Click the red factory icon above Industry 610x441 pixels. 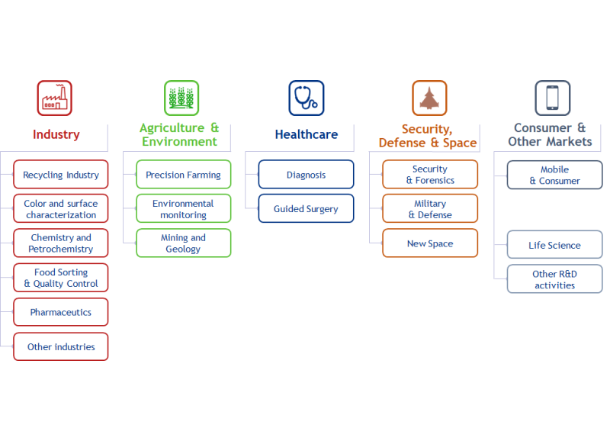[x=55, y=98]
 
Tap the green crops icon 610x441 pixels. [x=181, y=98]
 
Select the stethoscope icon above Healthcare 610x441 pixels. [x=306, y=98]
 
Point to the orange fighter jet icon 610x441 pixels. [x=429, y=98]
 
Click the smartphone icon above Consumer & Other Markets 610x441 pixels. [x=552, y=98]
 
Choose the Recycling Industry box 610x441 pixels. [x=61, y=175]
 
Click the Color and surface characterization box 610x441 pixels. [x=61, y=209]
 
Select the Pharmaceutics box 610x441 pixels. [x=61, y=312]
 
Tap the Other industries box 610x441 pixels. [x=61, y=346]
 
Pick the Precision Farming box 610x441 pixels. [x=183, y=175]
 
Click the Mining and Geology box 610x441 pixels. [x=183, y=243]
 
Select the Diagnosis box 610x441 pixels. [x=306, y=175]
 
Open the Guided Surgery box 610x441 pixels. [x=306, y=209]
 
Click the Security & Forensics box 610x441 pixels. [x=430, y=175]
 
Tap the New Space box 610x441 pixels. [x=430, y=243]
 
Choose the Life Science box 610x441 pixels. [x=554, y=245]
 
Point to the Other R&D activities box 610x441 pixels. [x=554, y=279]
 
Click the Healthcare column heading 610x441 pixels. [x=306, y=134]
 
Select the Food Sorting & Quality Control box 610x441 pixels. [x=61, y=278]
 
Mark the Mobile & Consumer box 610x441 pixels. [x=554, y=175]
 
